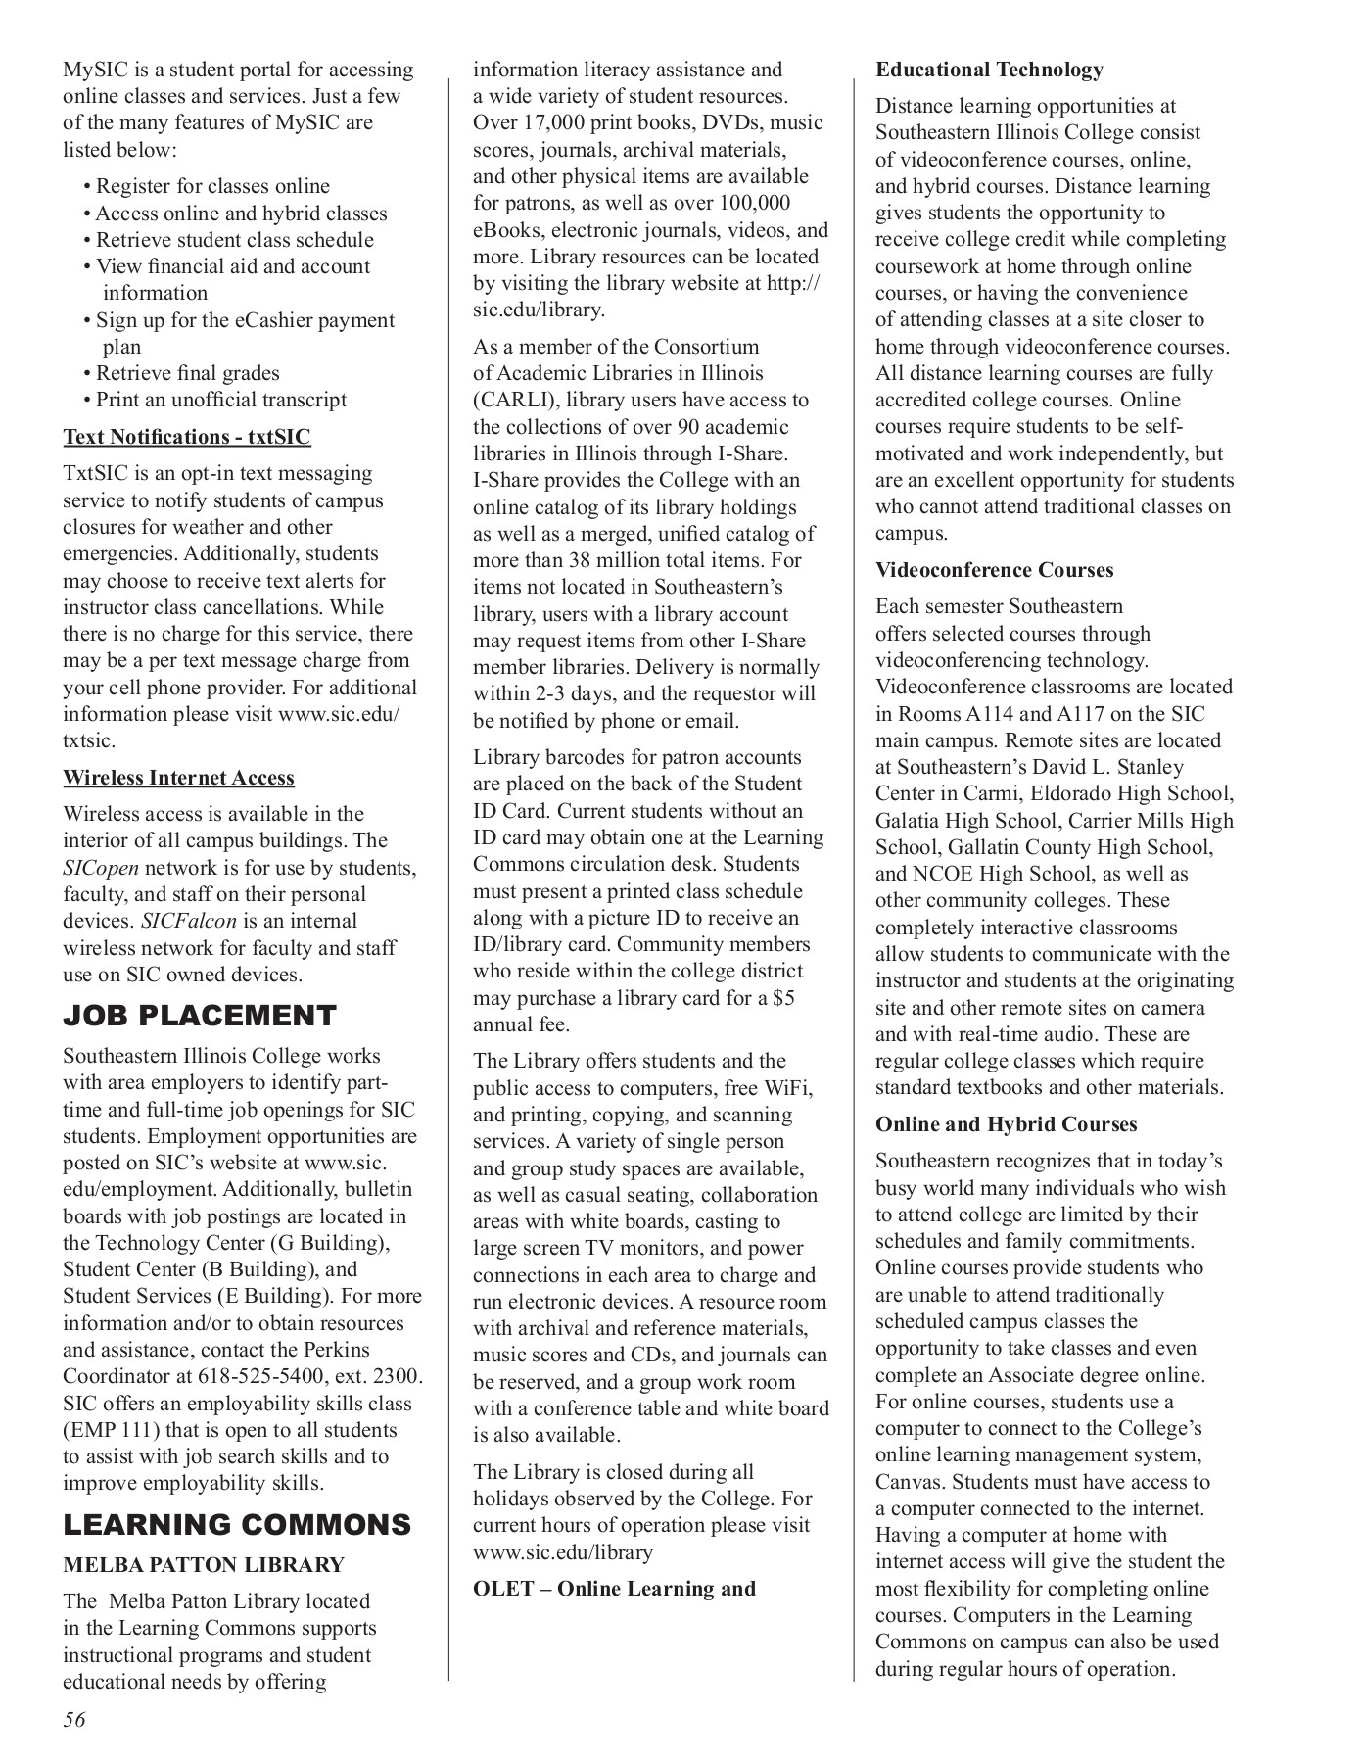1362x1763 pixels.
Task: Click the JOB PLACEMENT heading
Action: pos(199,1016)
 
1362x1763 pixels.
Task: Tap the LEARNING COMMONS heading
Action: pos(237,1525)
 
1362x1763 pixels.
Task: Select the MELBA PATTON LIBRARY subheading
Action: pos(204,1564)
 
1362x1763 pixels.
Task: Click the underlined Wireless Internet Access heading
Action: pos(179,778)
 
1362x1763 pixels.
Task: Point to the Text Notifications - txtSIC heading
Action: pos(187,437)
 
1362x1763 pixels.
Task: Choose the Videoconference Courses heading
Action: pos(994,570)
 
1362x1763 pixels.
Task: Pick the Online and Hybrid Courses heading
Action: pos(1006,1124)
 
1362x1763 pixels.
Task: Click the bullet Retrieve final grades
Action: pos(187,373)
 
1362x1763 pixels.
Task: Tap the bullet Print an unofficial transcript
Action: pos(220,400)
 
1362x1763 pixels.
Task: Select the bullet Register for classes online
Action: pos(212,186)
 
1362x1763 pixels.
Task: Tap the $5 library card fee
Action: pos(782,998)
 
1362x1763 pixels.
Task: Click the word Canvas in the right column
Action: pos(910,1482)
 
